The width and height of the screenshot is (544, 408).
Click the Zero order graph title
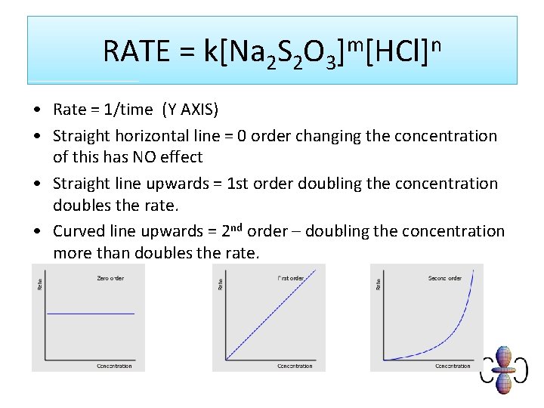coord(110,278)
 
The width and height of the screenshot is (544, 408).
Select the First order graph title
coord(290,278)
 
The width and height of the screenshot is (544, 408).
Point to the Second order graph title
coord(444,278)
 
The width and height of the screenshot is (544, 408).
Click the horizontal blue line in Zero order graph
coord(91,313)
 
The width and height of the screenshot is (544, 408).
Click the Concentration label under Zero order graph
coord(114,366)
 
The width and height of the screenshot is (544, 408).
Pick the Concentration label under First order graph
coord(295,366)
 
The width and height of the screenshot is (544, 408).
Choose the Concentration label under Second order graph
coord(453,366)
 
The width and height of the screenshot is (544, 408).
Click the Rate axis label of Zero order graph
coord(40,283)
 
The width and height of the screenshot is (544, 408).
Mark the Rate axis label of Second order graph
coord(379,283)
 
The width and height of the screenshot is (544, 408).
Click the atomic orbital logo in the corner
coord(504,370)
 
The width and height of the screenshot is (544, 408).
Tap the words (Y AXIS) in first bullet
coord(190,110)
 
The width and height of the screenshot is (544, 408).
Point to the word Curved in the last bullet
coord(78,231)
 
